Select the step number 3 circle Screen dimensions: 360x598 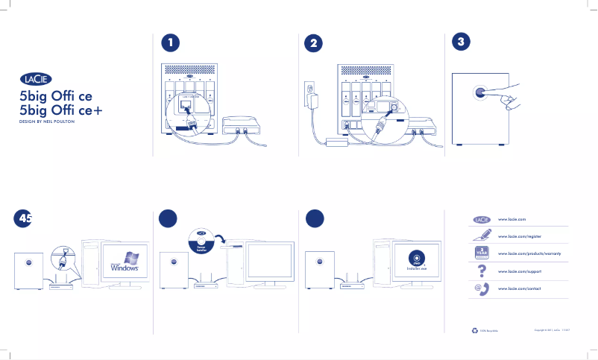point(462,42)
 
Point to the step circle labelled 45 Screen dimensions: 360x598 point(25,218)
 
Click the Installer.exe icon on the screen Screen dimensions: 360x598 point(416,260)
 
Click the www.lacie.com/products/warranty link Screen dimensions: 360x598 point(534,253)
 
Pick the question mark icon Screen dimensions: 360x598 point(482,270)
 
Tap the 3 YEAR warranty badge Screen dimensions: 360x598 point(482,253)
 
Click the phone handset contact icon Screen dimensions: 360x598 point(482,288)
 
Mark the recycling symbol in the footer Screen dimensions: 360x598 point(475,329)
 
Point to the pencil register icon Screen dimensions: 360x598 point(482,236)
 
